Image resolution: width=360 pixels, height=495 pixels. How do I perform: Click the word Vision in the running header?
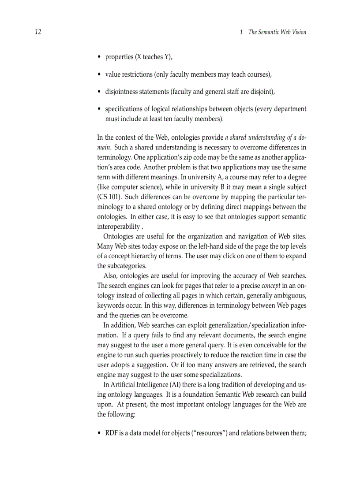(x=297, y=32)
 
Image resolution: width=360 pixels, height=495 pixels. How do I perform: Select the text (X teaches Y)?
(x=154, y=57)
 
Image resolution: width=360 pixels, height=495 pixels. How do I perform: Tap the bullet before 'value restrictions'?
(x=99, y=75)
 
